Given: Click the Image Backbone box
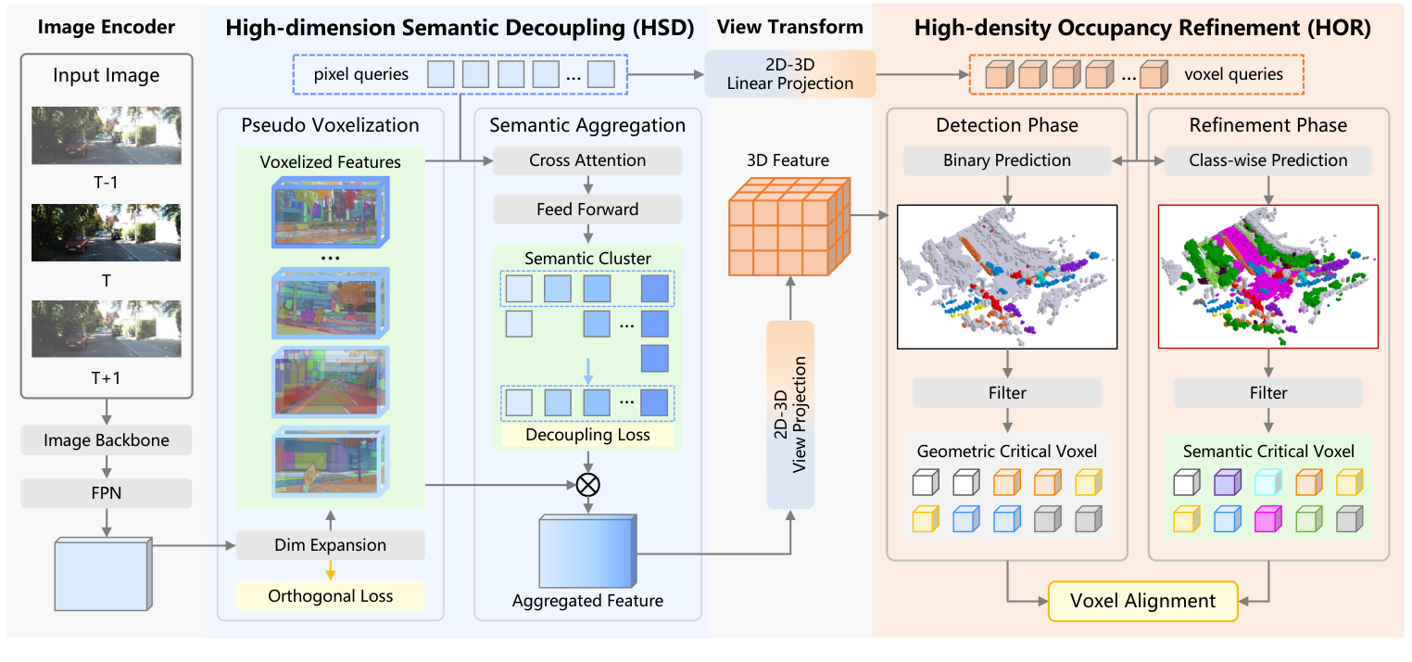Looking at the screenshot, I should click(x=107, y=440).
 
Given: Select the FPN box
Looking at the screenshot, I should click(x=107, y=492).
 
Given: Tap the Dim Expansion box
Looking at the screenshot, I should click(x=331, y=545).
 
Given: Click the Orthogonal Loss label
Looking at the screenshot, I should click(x=331, y=596).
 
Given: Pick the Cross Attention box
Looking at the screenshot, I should click(x=587, y=160).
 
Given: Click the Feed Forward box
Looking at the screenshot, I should click(x=587, y=210).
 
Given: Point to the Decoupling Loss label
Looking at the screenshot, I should click(x=587, y=435).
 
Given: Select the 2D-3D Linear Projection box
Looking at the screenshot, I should click(x=789, y=74).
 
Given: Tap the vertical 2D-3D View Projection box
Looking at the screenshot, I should click(x=790, y=414).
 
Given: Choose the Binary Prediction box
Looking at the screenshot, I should click(x=1007, y=160).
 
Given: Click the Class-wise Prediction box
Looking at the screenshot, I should click(x=1268, y=160).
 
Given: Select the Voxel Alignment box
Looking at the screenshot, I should click(x=1142, y=601).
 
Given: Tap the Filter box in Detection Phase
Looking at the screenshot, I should click(x=1007, y=393).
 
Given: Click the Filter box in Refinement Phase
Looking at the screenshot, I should click(x=1268, y=393).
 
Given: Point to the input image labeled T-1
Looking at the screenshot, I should click(x=107, y=135).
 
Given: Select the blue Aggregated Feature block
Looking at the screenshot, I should click(x=587, y=553).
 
